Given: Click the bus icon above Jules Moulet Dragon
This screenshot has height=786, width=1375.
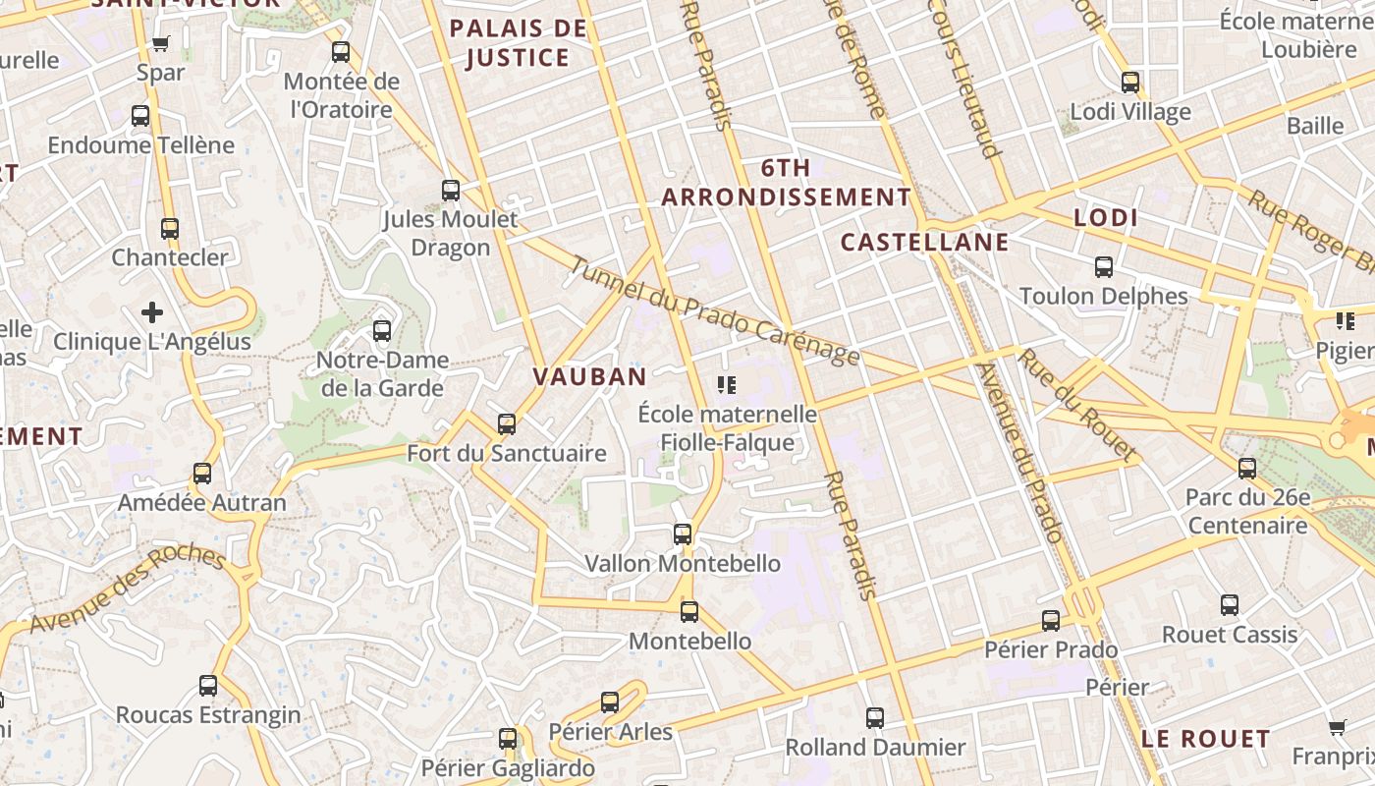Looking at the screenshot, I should pyautogui.click(x=451, y=190).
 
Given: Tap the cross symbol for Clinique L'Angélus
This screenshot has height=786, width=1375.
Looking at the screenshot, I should pyautogui.click(x=152, y=312).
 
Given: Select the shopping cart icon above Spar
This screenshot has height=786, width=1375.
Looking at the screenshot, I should pyautogui.click(x=161, y=43).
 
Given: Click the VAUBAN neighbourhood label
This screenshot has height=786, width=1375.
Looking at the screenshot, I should pyautogui.click(x=589, y=376).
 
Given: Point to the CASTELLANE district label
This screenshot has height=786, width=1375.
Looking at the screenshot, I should pyautogui.click(x=925, y=243).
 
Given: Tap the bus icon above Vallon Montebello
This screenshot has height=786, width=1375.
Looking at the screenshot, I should pyautogui.click(x=683, y=534).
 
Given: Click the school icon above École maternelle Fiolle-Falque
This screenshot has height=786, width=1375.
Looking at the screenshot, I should pyautogui.click(x=727, y=384).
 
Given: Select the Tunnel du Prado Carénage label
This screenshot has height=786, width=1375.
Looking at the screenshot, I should pyautogui.click(x=714, y=310).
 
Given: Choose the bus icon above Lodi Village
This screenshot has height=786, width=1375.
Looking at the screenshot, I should pyautogui.click(x=1130, y=83).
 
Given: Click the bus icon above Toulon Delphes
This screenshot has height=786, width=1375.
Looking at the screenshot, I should pyautogui.click(x=1104, y=267).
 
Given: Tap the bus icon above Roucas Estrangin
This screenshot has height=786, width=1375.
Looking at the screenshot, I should pyautogui.click(x=208, y=685).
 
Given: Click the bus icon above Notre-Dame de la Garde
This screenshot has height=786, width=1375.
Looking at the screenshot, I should pyautogui.click(x=382, y=331).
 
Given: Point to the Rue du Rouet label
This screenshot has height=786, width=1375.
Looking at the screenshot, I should pyautogui.click(x=1077, y=405).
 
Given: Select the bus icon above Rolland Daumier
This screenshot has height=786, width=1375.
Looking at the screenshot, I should pyautogui.click(x=875, y=718).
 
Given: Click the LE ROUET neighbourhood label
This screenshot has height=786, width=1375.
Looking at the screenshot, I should pyautogui.click(x=1206, y=739).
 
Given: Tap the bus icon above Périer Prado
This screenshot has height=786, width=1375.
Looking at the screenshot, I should pyautogui.click(x=1051, y=621).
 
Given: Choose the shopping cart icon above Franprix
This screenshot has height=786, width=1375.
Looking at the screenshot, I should pyautogui.click(x=1337, y=728).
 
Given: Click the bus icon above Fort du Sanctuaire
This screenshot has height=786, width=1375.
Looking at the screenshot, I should pyautogui.click(x=507, y=424).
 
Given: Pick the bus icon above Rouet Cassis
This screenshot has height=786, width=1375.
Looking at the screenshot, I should pyautogui.click(x=1230, y=605).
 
